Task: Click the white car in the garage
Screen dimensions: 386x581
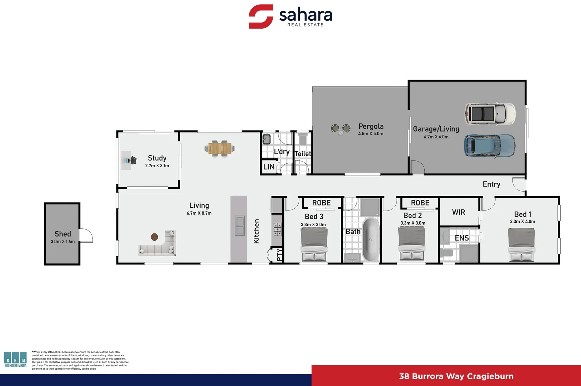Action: tap(490, 114)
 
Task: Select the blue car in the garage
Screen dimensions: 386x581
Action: tap(489, 146)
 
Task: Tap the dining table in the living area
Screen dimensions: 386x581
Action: tap(219, 148)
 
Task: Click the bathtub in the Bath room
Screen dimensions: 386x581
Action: tap(371, 239)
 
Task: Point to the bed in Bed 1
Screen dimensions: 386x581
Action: tap(521, 245)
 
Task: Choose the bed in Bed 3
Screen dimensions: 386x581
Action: tap(314, 245)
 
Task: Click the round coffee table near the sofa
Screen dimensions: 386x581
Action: tap(155, 237)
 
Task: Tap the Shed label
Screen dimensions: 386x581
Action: tap(63, 234)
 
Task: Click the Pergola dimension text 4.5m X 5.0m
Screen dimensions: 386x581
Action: tap(371, 134)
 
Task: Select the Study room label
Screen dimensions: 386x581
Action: tap(157, 158)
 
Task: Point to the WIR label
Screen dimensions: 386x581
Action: tap(459, 212)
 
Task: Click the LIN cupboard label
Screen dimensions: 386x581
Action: tap(269, 167)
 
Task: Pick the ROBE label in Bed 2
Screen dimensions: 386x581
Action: tap(420, 203)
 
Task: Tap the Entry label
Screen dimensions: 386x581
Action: tap(491, 184)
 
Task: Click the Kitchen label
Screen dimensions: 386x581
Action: tap(256, 231)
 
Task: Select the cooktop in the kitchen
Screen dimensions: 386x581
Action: tap(278, 229)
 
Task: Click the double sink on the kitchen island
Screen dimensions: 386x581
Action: tap(239, 226)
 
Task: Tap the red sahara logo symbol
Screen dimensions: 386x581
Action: tap(261, 16)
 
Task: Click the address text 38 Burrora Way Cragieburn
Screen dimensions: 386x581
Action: tap(456, 376)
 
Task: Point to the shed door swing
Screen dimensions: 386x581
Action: tap(86, 236)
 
